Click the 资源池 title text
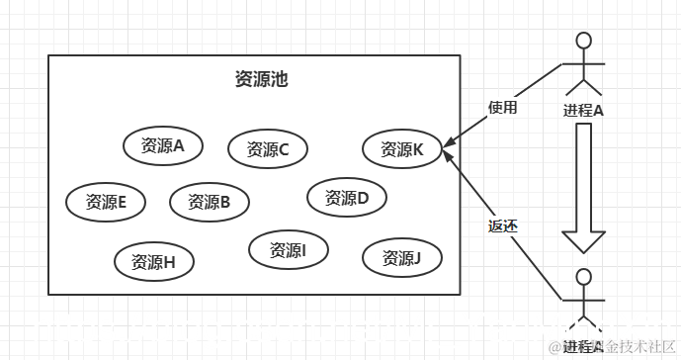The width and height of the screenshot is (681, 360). point(261,79)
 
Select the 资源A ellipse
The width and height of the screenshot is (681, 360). point(163,146)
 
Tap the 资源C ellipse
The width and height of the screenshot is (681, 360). point(268,149)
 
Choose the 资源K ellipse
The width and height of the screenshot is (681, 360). point(402,149)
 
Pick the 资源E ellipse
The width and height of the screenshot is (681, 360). point(106,202)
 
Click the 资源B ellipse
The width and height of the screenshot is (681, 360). point(209,202)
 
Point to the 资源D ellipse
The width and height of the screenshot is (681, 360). point(347,197)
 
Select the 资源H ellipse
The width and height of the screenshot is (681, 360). point(153,262)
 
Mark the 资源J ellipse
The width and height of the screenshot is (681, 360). point(402,258)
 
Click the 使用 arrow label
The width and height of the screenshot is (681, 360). point(502,107)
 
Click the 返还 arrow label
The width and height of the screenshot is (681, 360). point(502,225)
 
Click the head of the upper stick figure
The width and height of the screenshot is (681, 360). point(584,41)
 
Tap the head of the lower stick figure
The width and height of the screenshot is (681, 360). point(584,276)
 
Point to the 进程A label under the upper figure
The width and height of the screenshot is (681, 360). point(583,109)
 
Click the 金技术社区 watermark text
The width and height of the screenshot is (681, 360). point(639,345)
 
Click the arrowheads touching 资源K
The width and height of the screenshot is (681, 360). point(447,150)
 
